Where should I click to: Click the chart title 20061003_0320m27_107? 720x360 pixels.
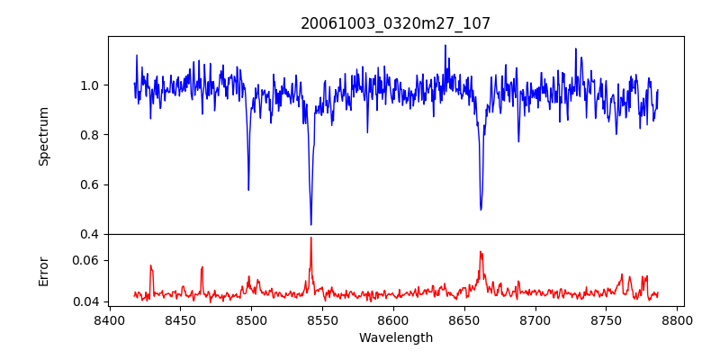point(396,23)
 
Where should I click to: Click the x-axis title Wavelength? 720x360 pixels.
point(396,337)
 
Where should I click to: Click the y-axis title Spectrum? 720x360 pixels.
point(43,136)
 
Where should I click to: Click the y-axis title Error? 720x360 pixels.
point(43,270)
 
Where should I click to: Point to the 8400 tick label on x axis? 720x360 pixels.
point(109,319)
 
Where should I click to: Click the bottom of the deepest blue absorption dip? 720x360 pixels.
point(310,224)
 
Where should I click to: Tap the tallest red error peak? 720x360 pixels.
point(310,238)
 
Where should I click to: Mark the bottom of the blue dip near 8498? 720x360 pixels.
point(248,190)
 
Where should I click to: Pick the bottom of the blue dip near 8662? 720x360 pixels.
point(481,210)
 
